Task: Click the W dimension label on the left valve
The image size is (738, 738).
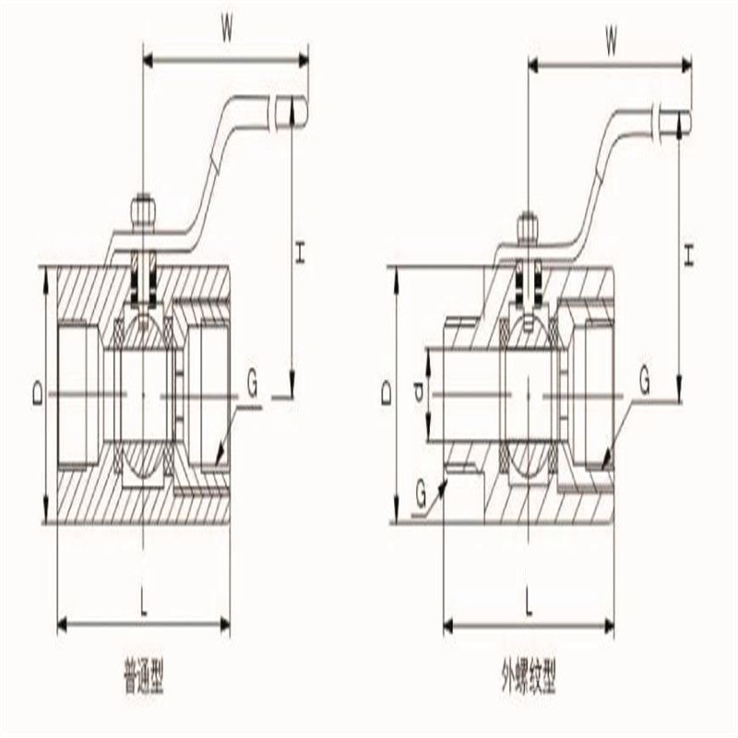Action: pos(227,31)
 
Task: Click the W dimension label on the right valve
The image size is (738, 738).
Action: pos(611,43)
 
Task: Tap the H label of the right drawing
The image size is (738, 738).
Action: pos(688,255)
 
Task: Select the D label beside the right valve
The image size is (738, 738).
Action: pos(387,393)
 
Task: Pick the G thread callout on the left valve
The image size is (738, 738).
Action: pos(252,385)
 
